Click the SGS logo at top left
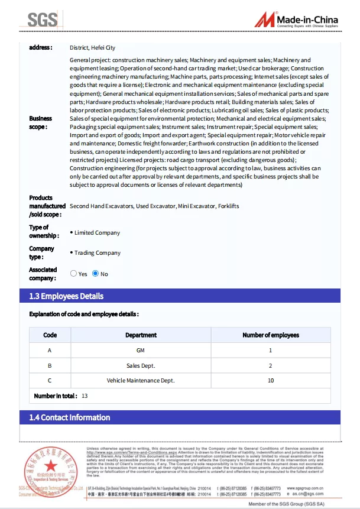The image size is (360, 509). (x=43, y=20)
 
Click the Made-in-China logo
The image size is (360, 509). (x=297, y=20)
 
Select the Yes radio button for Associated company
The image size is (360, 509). (x=74, y=274)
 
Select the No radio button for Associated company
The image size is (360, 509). (x=95, y=274)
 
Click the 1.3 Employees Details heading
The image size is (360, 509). (x=66, y=296)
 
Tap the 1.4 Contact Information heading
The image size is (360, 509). (x=70, y=417)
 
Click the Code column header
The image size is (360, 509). (x=50, y=335)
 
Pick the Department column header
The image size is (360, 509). (x=141, y=335)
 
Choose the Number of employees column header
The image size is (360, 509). (x=271, y=335)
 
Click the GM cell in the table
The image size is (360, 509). (x=141, y=351)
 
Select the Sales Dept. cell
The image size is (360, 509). (x=141, y=365)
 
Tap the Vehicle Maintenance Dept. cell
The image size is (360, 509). (x=141, y=381)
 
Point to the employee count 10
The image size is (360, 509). (x=271, y=381)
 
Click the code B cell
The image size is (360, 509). (x=50, y=365)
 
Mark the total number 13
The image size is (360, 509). (x=85, y=396)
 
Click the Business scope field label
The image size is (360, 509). (x=40, y=122)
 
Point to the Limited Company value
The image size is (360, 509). (x=97, y=233)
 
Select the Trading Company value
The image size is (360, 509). (x=98, y=253)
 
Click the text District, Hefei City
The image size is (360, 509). (x=92, y=47)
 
